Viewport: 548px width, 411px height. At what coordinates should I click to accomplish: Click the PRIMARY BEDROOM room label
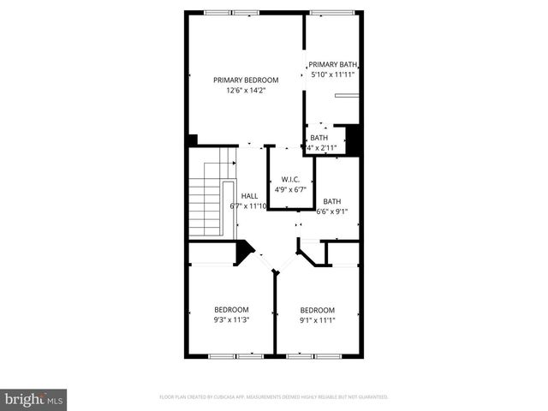pos(246,80)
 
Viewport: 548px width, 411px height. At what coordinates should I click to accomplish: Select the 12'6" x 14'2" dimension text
pos(246,91)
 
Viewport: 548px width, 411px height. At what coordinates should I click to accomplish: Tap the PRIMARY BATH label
pos(332,64)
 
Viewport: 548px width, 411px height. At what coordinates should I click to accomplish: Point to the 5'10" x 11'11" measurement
pos(332,74)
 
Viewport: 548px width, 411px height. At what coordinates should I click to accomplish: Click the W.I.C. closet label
pos(289,179)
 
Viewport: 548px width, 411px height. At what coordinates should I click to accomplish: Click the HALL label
pos(249,195)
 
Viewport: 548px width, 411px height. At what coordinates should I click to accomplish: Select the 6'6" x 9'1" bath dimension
pos(332,211)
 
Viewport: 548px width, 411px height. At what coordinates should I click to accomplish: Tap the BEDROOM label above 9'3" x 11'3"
pos(231,309)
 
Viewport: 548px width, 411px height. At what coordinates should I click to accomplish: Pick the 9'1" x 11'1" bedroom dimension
pos(317,320)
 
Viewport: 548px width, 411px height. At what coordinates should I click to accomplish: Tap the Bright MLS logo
pos(33,399)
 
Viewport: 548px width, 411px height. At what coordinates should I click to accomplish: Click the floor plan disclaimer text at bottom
pos(274,397)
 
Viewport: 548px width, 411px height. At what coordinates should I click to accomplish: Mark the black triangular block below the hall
pos(244,250)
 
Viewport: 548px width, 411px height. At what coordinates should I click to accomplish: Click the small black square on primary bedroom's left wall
pos(193,140)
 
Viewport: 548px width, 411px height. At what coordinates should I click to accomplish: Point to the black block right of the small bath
pos(351,140)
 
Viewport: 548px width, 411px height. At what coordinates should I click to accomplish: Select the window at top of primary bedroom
pos(232,12)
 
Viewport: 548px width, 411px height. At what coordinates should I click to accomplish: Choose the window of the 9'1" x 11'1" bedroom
pos(315,355)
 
